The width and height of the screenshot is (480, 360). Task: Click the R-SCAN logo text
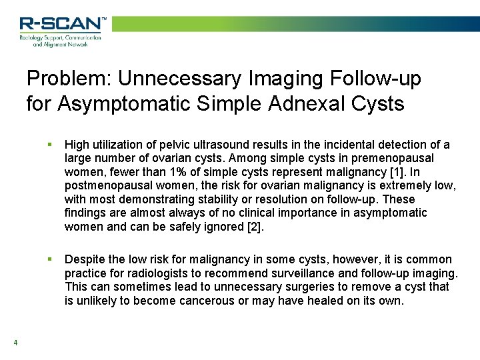pyautogui.click(x=61, y=24)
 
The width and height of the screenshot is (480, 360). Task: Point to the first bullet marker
pyautogui.click(x=50, y=145)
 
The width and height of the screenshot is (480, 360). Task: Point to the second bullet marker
pyautogui.click(x=50, y=259)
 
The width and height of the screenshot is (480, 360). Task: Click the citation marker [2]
pyautogui.click(x=255, y=227)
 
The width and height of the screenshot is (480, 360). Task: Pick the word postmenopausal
pyautogui.click(x=103, y=185)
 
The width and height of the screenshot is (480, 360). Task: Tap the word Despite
pyautogui.click(x=83, y=259)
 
